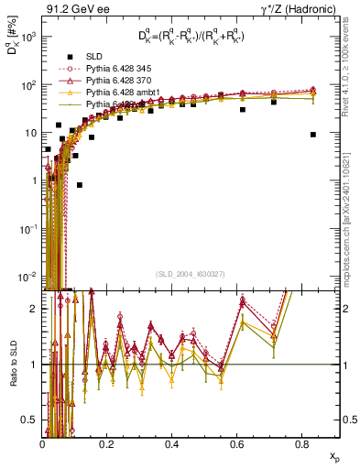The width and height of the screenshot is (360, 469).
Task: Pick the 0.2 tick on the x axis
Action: click(x=107, y=444)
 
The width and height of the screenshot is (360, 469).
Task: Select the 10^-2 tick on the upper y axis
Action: click(x=29, y=276)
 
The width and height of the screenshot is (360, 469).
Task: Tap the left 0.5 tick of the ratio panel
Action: click(x=32, y=420)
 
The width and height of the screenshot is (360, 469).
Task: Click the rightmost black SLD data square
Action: click(x=313, y=134)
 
